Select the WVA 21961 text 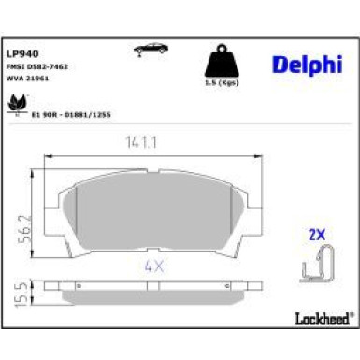pyautogui.click(x=28, y=80)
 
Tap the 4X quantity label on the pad pyautogui.click(x=153, y=265)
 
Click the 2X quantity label pyautogui.click(x=316, y=237)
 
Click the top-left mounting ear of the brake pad pyautogui.click(x=65, y=196)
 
